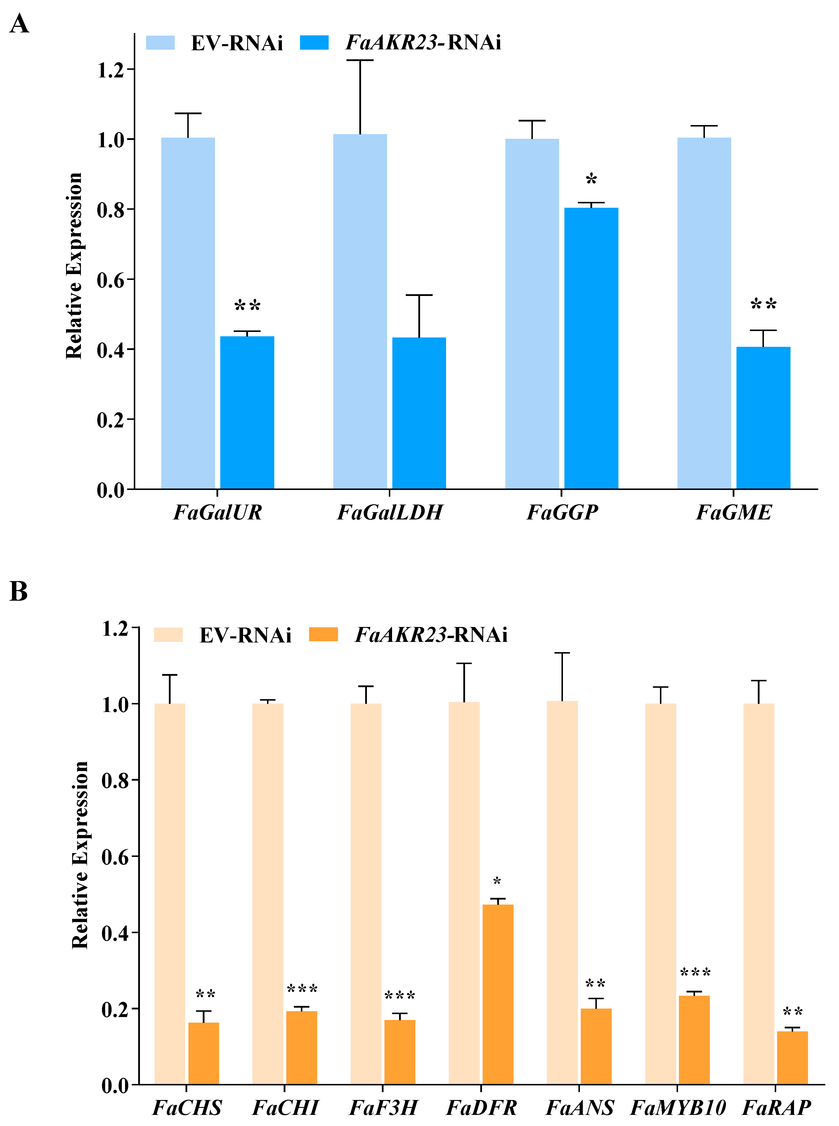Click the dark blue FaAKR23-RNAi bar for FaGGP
pos(591,348)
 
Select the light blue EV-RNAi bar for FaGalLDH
pos(360,311)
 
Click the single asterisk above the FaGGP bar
pos(591,180)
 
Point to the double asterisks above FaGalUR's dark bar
pos(247,306)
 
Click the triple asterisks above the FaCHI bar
pos(302,989)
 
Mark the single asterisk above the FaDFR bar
pos(497,882)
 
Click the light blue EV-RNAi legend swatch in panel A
pos(160,43)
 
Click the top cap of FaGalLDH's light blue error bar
pos(360,60)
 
